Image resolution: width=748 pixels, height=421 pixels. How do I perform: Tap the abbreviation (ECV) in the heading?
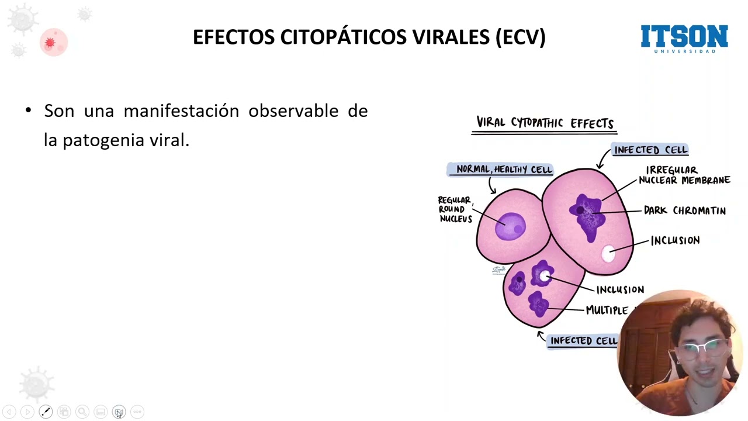[x=520, y=37]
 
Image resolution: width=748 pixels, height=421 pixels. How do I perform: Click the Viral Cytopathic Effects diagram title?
[x=545, y=123]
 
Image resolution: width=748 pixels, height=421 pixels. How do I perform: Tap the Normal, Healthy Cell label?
[x=504, y=170]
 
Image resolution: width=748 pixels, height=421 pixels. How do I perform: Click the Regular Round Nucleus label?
[x=455, y=209]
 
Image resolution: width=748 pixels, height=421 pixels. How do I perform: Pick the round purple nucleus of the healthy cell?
[x=510, y=226]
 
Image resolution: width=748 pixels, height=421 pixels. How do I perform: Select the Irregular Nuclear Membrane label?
[x=684, y=175]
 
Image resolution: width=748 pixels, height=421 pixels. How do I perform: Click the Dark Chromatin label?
[x=684, y=210]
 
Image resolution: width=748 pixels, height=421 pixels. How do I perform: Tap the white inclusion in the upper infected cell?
[x=608, y=253]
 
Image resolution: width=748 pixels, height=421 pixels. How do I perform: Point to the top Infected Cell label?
[x=650, y=150]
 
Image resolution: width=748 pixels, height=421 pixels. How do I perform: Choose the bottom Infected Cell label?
[x=583, y=341]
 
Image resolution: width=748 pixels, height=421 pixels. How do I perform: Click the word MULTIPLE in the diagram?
[x=607, y=310]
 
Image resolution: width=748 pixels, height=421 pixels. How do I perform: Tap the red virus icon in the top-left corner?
[x=50, y=43]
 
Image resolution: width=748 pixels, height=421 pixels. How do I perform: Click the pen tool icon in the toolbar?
[x=46, y=412]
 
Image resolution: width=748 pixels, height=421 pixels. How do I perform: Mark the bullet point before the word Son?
[x=28, y=111]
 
